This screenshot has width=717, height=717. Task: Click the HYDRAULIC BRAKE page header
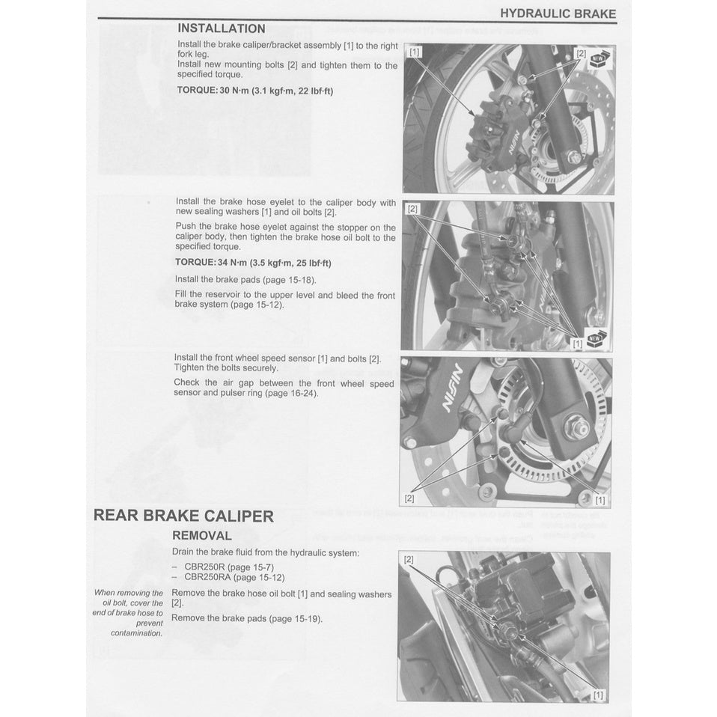pos(558,13)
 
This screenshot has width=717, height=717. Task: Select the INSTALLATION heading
pos(221,28)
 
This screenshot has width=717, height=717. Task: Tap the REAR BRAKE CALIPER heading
pos(183,516)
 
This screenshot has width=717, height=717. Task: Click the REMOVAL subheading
pos(202,536)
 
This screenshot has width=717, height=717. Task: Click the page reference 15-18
pos(298,280)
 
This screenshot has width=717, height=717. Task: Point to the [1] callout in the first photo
pos(415,52)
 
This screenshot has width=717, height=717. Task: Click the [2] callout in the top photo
pos(581,53)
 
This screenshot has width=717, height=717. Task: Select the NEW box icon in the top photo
pos(600,59)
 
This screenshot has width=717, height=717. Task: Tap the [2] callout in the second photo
pos(412,209)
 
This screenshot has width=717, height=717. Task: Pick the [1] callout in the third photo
pos(599,500)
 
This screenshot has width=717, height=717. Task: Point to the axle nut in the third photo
pos(576,427)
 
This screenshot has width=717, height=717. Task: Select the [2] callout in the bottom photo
pos(409,560)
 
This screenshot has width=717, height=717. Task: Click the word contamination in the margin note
pos(136,633)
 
